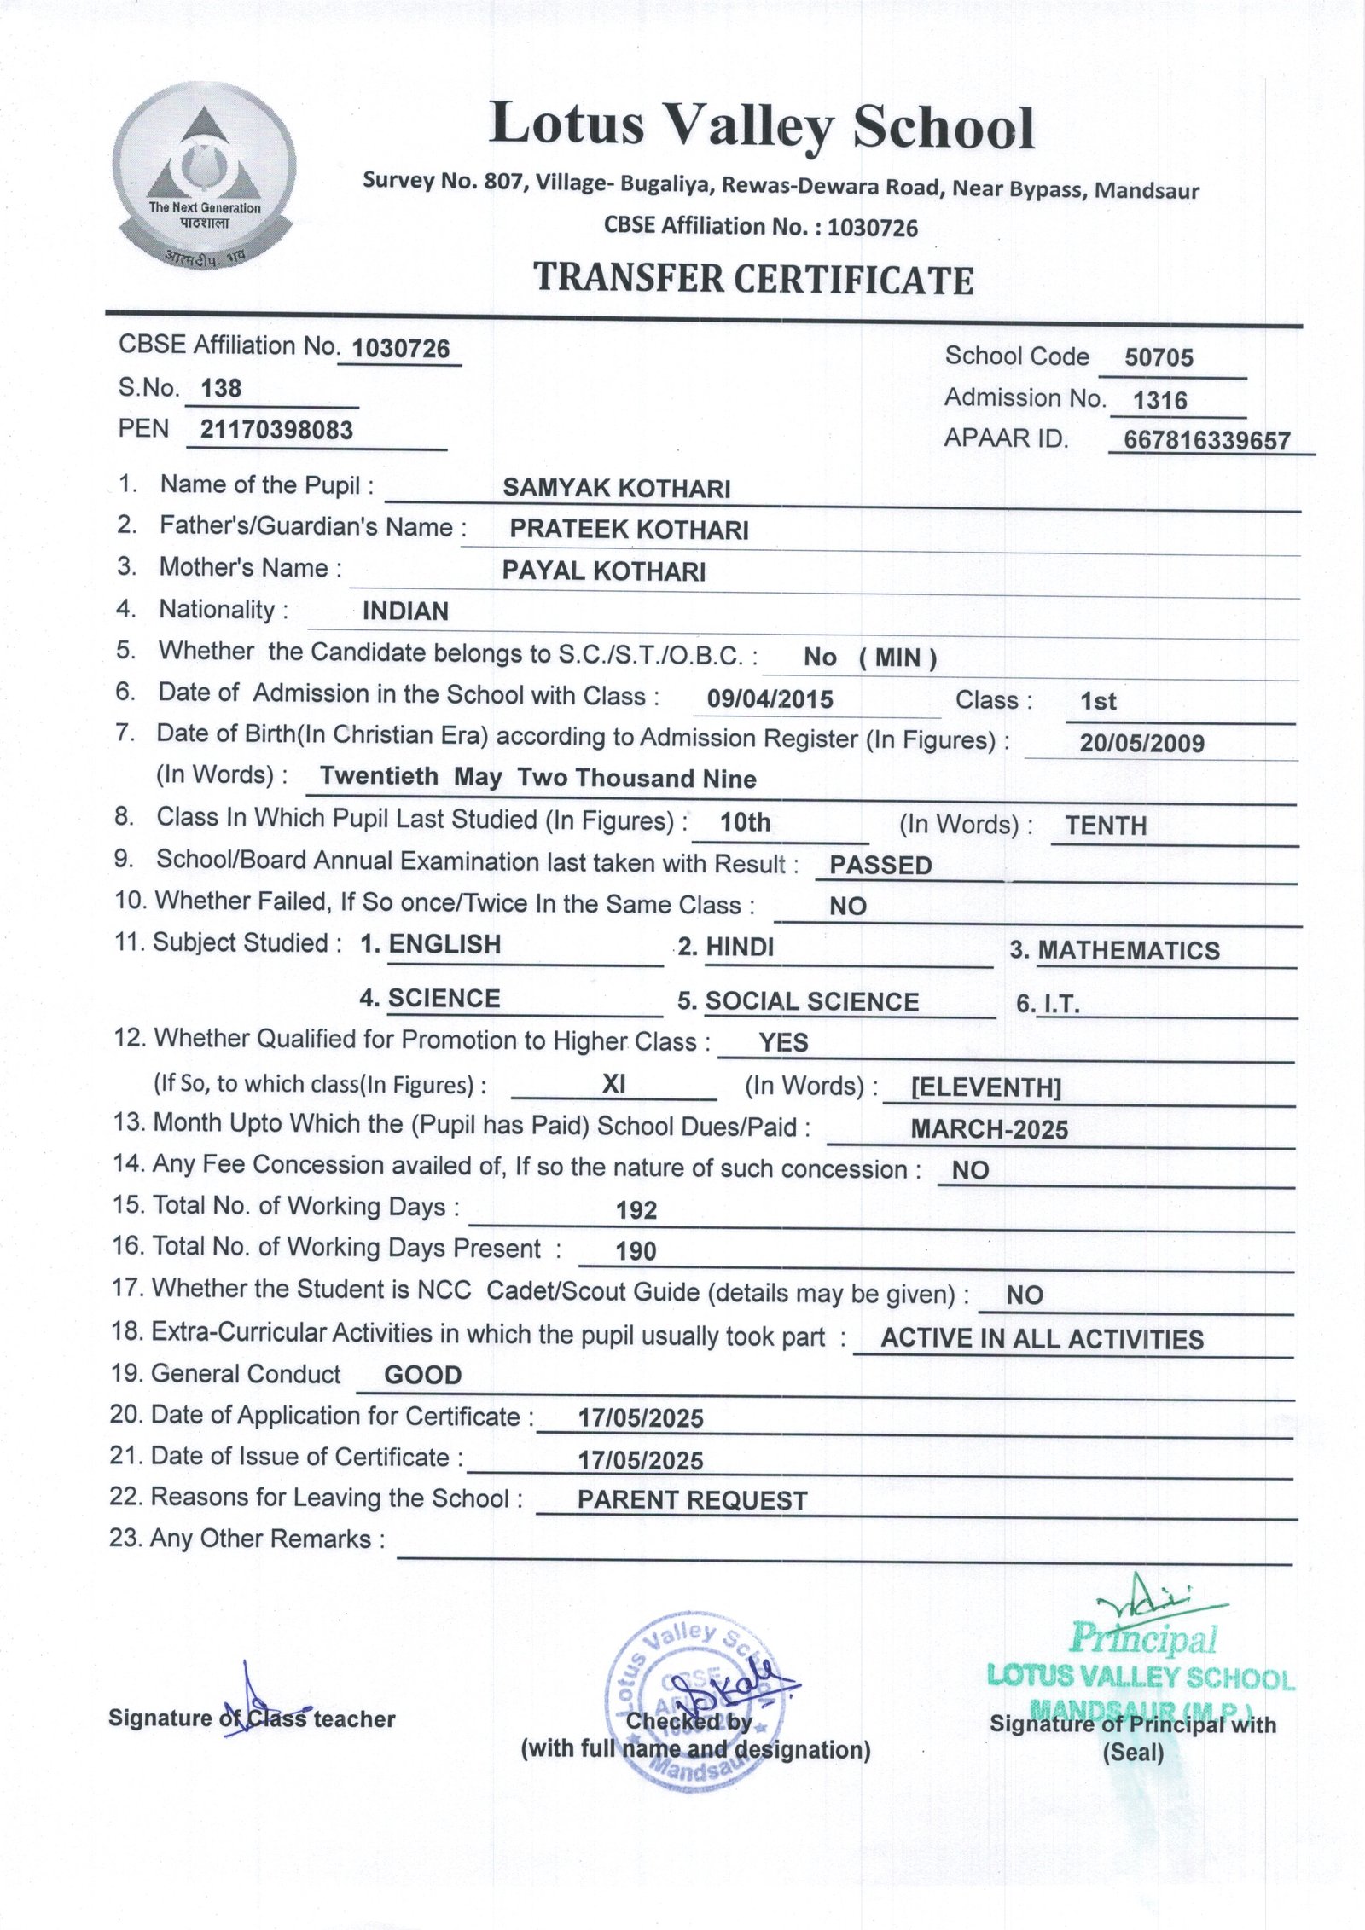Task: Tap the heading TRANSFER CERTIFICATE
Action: (753, 280)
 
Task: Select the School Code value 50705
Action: (1159, 357)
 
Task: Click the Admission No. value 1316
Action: (1159, 400)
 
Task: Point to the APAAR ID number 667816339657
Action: (1206, 441)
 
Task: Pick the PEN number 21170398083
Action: (276, 430)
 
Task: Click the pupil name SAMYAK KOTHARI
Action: (616, 489)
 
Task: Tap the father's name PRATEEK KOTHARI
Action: (629, 530)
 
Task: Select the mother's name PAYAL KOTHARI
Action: (603, 571)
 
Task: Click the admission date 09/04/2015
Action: (770, 700)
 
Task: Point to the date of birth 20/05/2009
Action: (1141, 743)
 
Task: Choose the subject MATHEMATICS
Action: (1128, 951)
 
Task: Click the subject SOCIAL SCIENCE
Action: (811, 1001)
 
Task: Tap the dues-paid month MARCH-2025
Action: (989, 1130)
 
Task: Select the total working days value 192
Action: (636, 1210)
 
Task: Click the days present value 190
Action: (636, 1251)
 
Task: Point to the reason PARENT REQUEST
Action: (692, 1500)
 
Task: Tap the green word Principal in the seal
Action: (1143, 1637)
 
